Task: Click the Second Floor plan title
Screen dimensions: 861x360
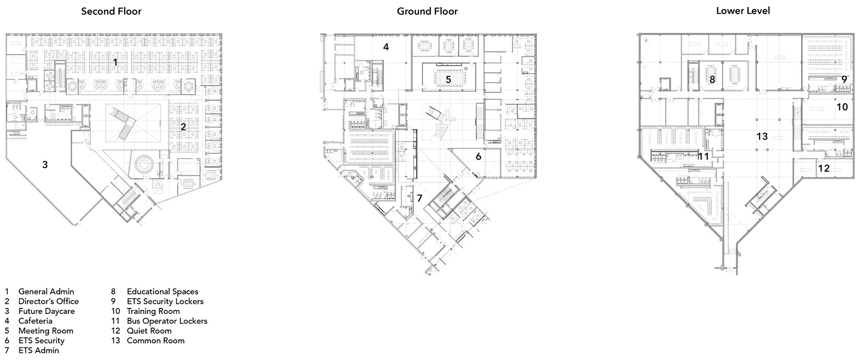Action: pos(111,11)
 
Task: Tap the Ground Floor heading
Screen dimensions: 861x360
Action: pos(427,11)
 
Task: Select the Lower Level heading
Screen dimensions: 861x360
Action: pos(742,11)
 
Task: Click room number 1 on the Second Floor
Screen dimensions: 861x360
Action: pos(114,62)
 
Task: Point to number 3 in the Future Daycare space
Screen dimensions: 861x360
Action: pos(45,165)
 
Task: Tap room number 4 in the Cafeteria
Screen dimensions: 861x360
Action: pos(386,47)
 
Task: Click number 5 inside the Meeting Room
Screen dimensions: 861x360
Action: pos(448,79)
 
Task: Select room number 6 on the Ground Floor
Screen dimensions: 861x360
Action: pos(478,156)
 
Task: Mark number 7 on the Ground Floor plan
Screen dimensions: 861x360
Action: pos(419,198)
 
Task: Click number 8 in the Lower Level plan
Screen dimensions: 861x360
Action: pos(712,79)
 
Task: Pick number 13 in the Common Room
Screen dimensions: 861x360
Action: pos(762,136)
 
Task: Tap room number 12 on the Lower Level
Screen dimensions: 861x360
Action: pos(824,168)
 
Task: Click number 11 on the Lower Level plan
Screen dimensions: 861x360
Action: pos(703,156)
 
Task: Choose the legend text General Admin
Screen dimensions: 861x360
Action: pos(46,292)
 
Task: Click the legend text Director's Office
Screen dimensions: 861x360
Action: pos(49,301)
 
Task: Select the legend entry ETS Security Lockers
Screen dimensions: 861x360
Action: pos(165,301)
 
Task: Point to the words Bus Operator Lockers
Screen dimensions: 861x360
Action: pos(167,321)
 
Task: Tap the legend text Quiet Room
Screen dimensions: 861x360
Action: pos(149,331)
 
